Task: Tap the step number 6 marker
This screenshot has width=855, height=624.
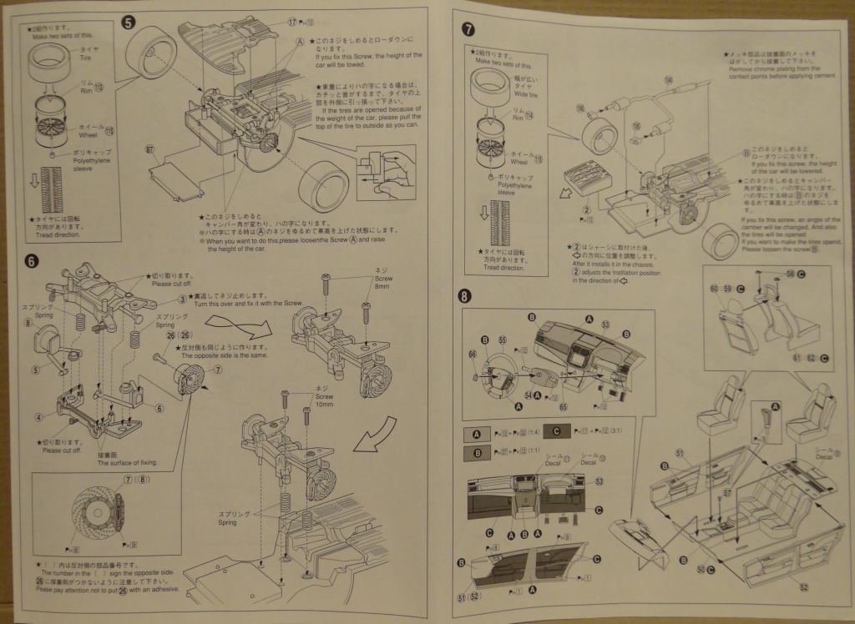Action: (31, 260)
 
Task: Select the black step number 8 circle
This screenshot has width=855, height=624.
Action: (465, 296)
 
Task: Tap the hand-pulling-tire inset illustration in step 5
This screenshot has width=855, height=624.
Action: (384, 170)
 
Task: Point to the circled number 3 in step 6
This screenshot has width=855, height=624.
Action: (181, 299)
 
